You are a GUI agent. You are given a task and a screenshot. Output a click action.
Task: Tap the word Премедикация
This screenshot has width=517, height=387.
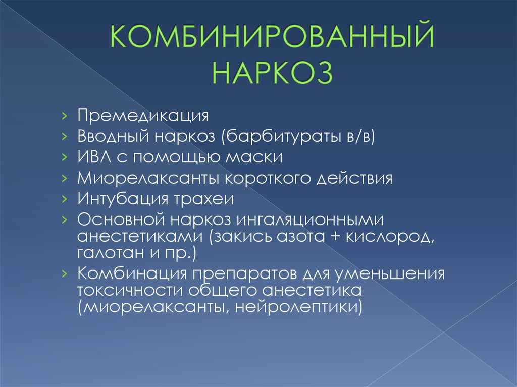click(x=143, y=116)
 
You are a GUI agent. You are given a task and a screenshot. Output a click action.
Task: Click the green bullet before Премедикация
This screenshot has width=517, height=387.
click(x=64, y=116)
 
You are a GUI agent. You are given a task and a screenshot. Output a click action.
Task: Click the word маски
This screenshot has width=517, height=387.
click(x=254, y=157)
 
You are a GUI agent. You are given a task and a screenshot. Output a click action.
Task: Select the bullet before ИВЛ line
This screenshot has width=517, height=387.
click(x=64, y=157)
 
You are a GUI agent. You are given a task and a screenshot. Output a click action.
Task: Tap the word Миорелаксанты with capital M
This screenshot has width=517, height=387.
click(x=148, y=178)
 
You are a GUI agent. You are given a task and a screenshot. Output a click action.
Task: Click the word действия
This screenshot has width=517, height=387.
click(x=354, y=178)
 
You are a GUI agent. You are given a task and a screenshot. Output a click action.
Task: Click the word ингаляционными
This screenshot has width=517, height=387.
click(x=311, y=220)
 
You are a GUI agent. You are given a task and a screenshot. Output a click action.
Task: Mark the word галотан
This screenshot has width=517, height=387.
click(x=111, y=253)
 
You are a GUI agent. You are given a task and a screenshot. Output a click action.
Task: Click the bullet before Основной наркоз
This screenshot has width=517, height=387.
click(x=64, y=219)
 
